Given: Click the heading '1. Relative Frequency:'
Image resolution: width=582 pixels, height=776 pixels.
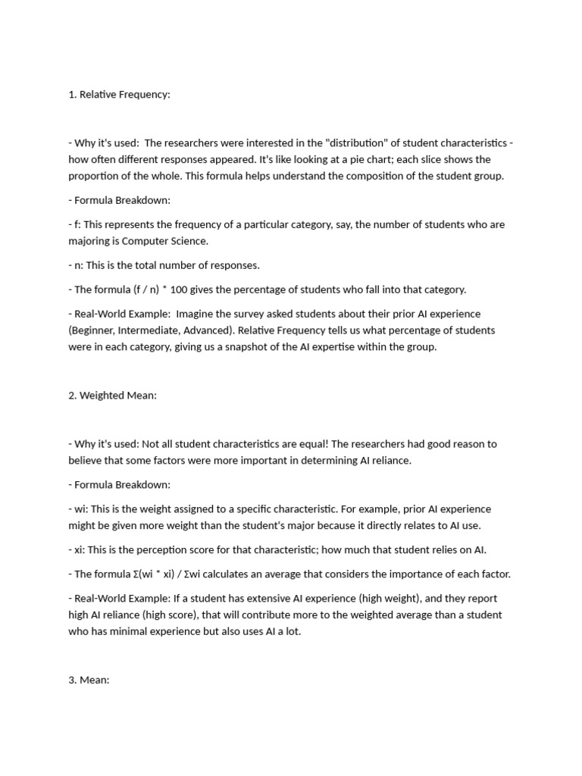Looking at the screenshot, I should point(119,95).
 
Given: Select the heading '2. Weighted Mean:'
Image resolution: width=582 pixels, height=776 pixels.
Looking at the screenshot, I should point(112,396).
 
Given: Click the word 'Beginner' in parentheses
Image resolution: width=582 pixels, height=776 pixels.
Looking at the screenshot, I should point(92,330).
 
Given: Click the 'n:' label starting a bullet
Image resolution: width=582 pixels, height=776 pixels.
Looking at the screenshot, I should point(80,265).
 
